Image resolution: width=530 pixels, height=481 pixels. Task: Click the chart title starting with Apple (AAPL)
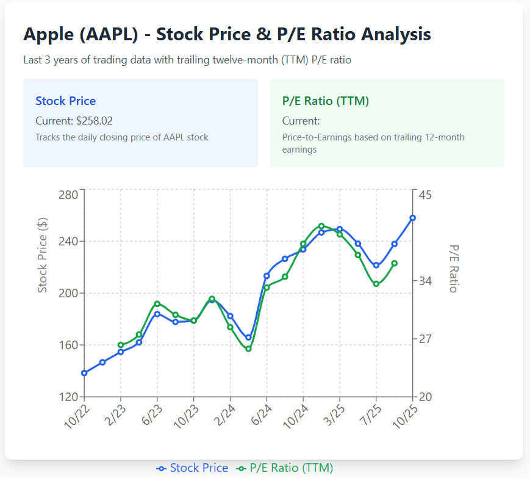coord(227,34)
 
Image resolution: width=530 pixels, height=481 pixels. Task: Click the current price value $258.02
coord(95,121)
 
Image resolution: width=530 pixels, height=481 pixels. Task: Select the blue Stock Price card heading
coord(65,101)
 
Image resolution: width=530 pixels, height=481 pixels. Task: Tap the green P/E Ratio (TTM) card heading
coord(325,101)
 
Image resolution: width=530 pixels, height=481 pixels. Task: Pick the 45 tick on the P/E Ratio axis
coord(425,195)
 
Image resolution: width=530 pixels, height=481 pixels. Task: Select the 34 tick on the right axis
coord(425,281)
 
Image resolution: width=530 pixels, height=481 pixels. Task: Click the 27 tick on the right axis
coord(425,339)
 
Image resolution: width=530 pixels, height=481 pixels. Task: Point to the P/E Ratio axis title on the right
coord(453,269)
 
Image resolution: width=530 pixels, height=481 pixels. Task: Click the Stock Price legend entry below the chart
coord(192,468)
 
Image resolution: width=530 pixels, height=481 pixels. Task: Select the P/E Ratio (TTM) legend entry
coord(285,468)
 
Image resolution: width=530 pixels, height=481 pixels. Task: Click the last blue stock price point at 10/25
coord(413,218)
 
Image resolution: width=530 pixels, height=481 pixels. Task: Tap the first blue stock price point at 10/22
coord(84,373)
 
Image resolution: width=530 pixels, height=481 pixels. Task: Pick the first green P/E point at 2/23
coord(121,345)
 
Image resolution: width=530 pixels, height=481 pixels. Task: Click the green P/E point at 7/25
coord(376,284)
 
